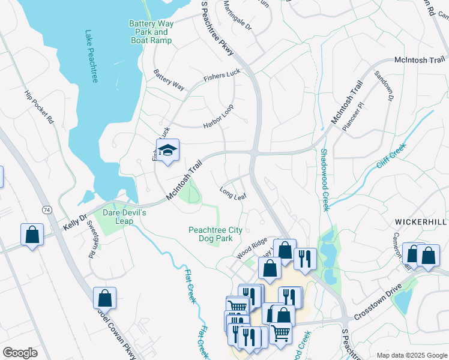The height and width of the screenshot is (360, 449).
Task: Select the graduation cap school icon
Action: (168, 151)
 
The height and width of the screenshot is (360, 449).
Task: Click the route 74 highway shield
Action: (46, 209)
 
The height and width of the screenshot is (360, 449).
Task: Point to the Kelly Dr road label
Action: (75, 223)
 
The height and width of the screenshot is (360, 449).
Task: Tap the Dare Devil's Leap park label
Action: (124, 217)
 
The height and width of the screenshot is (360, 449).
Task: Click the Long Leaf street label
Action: (233, 194)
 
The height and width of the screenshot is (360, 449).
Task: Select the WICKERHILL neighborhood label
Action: (421, 222)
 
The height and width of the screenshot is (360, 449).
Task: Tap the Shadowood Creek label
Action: (324, 180)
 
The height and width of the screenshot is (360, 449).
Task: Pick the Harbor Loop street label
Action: (218, 115)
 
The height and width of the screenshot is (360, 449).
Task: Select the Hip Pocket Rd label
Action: (39, 107)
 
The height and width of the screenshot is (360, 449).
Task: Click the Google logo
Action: (20, 353)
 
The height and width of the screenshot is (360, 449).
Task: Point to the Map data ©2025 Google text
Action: (411, 355)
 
